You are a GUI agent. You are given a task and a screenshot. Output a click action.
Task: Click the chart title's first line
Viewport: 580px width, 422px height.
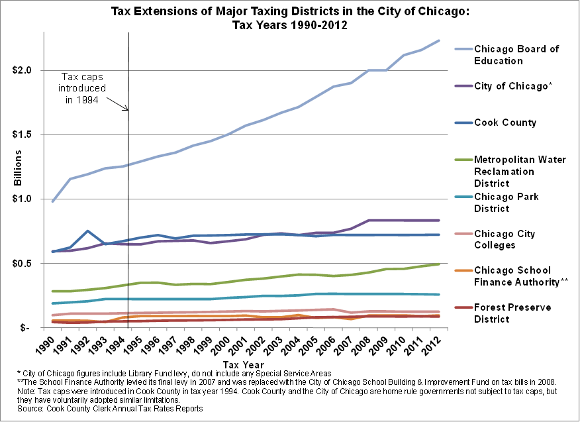(289, 12)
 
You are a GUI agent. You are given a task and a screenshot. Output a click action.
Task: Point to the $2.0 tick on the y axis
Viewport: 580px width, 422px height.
(31, 70)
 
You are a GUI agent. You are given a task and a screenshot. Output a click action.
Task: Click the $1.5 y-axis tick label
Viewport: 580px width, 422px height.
(31, 134)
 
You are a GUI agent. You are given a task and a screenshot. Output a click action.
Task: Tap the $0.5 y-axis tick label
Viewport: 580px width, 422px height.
(31, 263)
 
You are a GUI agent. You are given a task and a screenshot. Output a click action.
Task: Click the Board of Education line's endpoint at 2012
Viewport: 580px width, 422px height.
(439, 40)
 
